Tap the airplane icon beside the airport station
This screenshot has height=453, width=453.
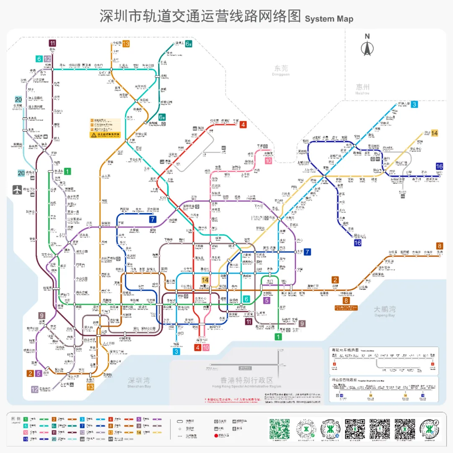[x=17, y=190]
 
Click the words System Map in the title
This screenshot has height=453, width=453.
[x=329, y=19]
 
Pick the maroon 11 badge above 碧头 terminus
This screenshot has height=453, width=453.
[x=52, y=43]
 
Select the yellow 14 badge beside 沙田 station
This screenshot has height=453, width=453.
[x=435, y=133]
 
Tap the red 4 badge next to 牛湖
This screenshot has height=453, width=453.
[x=243, y=124]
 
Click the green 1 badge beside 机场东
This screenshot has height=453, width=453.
[x=67, y=171]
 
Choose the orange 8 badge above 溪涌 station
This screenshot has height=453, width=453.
[x=440, y=246]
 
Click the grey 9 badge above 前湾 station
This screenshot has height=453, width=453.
[x=42, y=315]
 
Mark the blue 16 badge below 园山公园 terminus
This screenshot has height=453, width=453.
[x=357, y=243]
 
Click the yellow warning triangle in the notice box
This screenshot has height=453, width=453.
[x=94, y=135]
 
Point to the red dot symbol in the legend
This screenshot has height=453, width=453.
[x=216, y=436]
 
